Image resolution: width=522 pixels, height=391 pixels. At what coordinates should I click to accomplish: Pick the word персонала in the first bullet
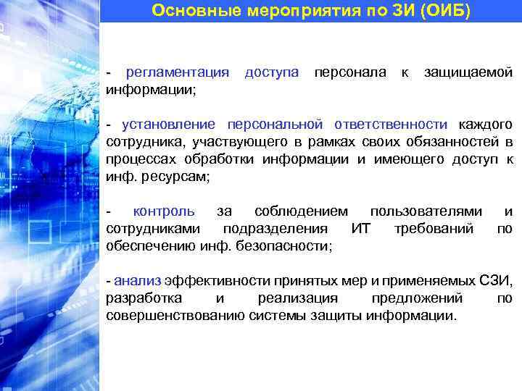[349, 72]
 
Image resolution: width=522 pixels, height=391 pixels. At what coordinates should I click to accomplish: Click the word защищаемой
[468, 72]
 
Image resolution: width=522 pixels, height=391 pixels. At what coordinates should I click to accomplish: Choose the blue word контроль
[164, 211]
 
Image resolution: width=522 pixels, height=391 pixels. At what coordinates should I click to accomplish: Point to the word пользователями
[426, 211]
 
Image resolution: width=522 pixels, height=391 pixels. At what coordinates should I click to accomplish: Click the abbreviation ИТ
[360, 229]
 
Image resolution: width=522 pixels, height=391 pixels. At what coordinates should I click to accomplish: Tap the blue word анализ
[138, 281]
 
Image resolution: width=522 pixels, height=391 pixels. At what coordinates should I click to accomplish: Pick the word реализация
[298, 298]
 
